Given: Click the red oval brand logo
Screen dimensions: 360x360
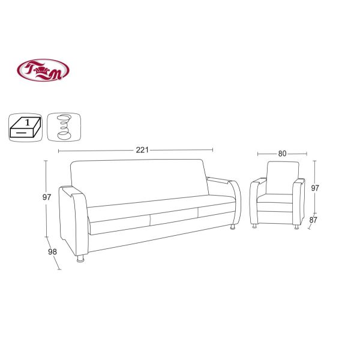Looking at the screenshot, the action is pyautogui.click(x=43, y=70).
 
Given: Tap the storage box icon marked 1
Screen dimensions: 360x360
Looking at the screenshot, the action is pyautogui.click(x=25, y=127).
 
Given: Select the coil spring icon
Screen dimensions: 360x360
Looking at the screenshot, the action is pyautogui.click(x=64, y=127).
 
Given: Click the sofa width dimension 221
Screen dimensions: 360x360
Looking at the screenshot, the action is pyautogui.click(x=142, y=150).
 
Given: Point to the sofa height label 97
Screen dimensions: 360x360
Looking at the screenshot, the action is pyautogui.click(x=47, y=197).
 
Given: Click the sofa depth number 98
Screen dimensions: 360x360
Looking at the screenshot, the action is pyautogui.click(x=52, y=252).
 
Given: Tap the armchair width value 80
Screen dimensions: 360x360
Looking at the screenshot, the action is pyautogui.click(x=283, y=154).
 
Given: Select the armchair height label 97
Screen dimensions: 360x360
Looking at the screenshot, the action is pyautogui.click(x=315, y=188).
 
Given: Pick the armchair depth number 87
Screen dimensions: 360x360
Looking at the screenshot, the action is pyautogui.click(x=313, y=220).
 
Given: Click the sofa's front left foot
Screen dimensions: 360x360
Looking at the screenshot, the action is pyautogui.click(x=80, y=258).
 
